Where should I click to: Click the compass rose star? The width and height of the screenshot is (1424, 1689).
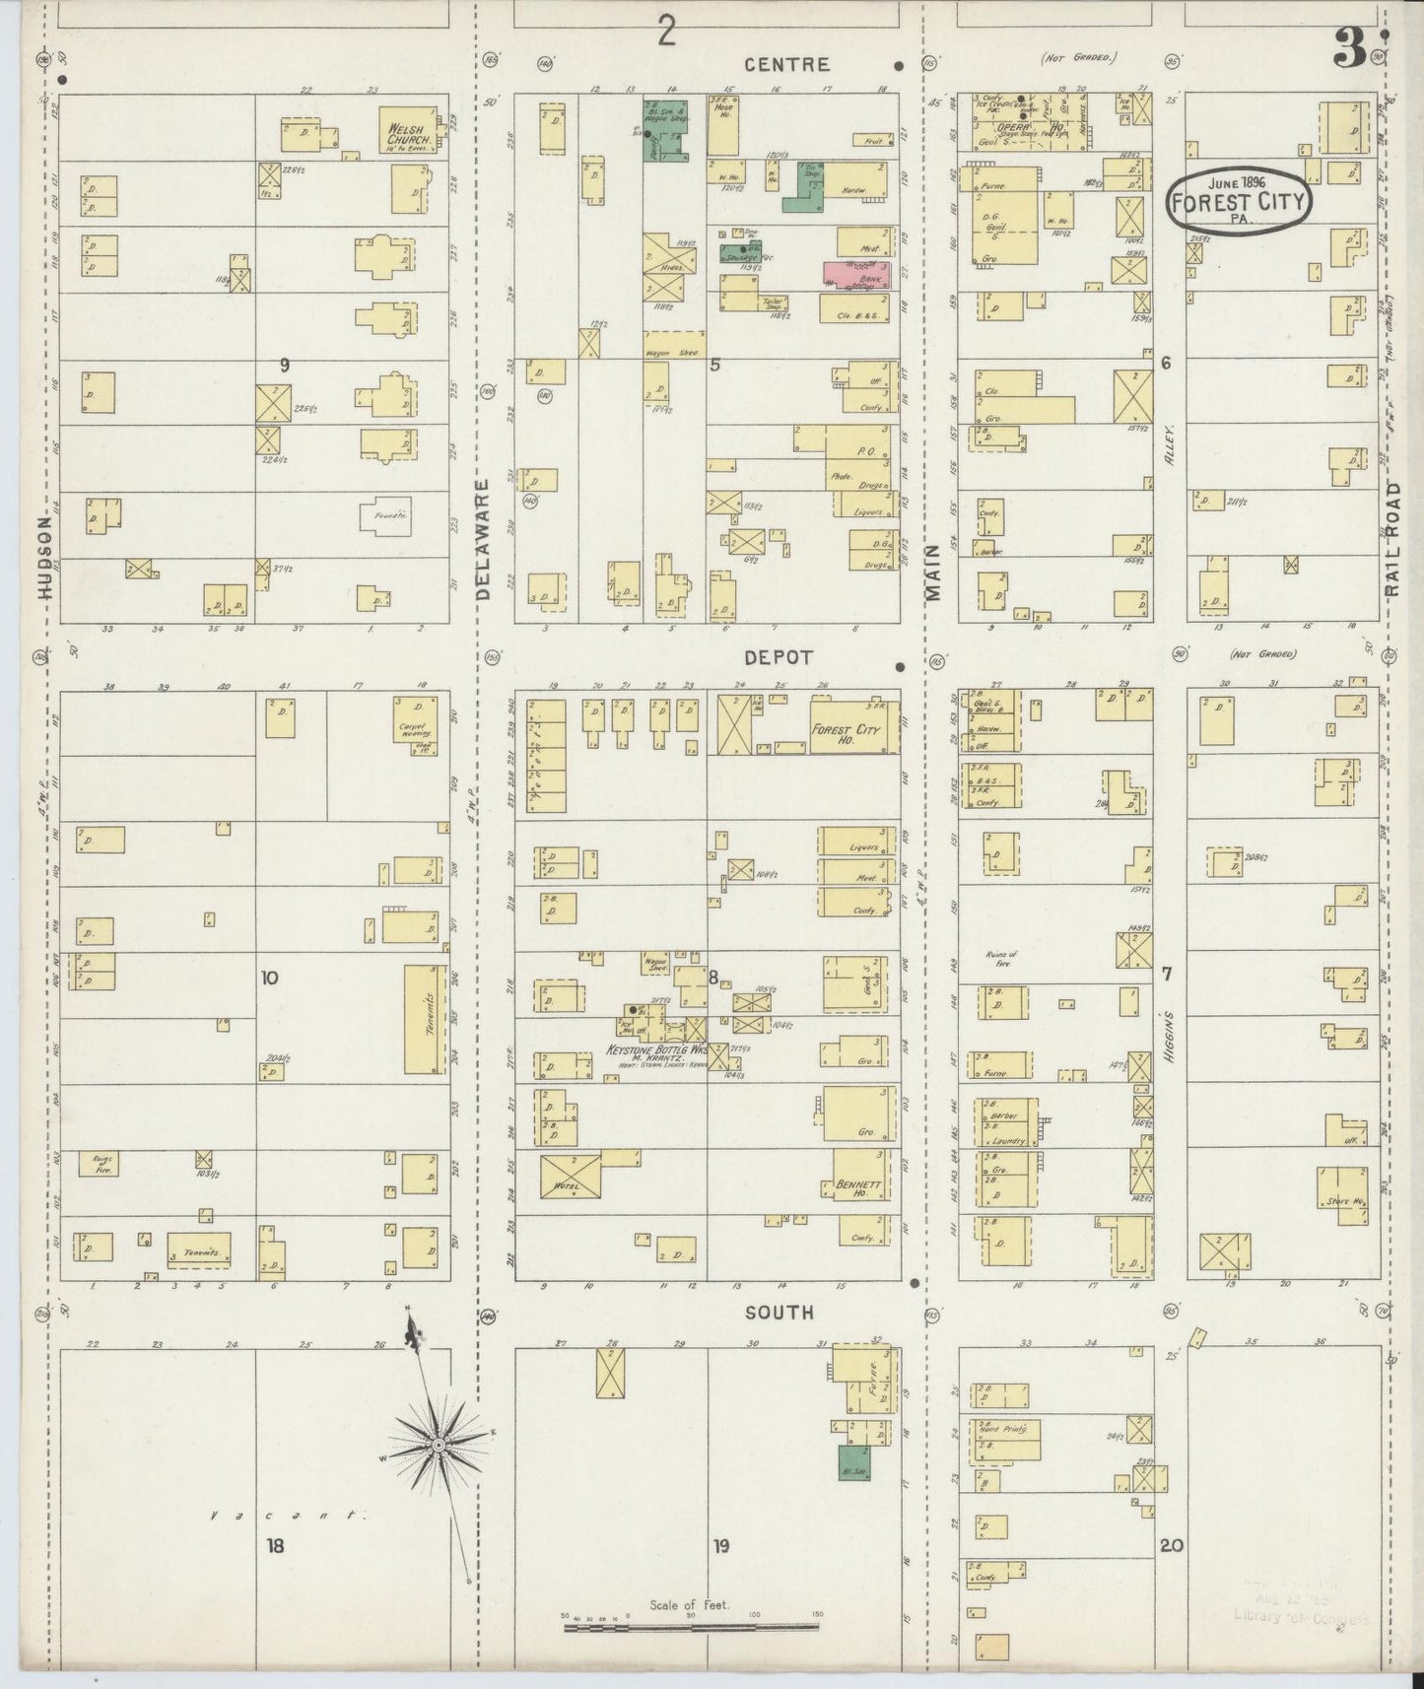tap(438, 1445)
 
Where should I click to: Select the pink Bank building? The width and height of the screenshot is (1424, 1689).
tap(858, 275)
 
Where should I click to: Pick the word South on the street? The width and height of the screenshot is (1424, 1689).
tap(780, 1313)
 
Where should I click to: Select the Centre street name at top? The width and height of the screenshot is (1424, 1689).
tap(787, 65)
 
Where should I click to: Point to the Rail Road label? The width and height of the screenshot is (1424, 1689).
tap(1391, 540)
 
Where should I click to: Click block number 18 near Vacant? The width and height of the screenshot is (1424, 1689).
tap(274, 1546)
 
